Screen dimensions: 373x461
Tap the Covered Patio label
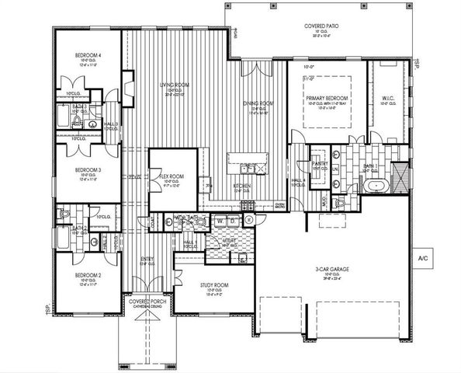tap(319, 26)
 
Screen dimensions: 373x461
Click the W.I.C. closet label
tap(390, 98)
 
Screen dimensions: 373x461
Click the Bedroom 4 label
tap(88, 55)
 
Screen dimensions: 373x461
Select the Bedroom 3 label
tap(88, 169)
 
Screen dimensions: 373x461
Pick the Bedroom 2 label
tap(88, 275)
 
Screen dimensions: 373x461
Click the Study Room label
tap(215, 284)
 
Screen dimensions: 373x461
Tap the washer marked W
tap(220, 221)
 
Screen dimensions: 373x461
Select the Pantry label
tap(319, 164)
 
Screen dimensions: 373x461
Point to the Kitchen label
tap(243, 186)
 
